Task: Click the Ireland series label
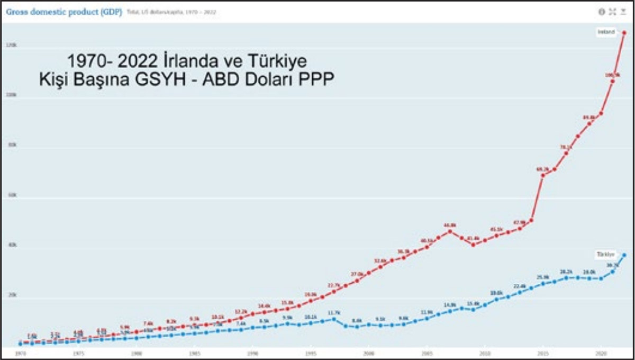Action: (x=606, y=32)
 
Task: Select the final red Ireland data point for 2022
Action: (x=624, y=33)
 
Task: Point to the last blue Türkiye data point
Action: (x=624, y=255)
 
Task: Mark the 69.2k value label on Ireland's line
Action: (x=542, y=169)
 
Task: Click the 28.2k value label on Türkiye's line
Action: (x=566, y=272)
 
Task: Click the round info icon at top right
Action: (x=601, y=12)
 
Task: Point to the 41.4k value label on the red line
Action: (x=473, y=238)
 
